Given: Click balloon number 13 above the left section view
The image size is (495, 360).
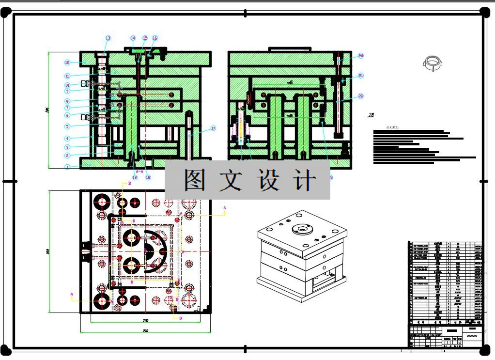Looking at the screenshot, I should pos(108,38).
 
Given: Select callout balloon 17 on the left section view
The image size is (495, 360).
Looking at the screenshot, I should pos(213,128).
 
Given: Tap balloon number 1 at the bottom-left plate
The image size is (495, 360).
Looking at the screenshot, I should pos(68,167).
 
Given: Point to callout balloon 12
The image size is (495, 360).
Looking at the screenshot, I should pos(68,62).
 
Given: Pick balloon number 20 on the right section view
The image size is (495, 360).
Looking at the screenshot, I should pos(361,56).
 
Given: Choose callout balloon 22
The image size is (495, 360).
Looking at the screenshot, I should pos(361,96).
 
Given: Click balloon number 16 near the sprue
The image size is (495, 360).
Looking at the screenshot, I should pos(155,38).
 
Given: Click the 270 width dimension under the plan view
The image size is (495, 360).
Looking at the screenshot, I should pos(145,321).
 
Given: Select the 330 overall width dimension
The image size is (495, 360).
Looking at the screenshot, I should pos(145,331).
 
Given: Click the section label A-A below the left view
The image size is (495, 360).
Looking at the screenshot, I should pos(139,172).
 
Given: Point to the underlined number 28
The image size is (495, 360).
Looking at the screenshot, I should pos(371,115).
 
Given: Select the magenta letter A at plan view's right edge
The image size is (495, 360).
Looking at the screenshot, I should pos(225,207).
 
